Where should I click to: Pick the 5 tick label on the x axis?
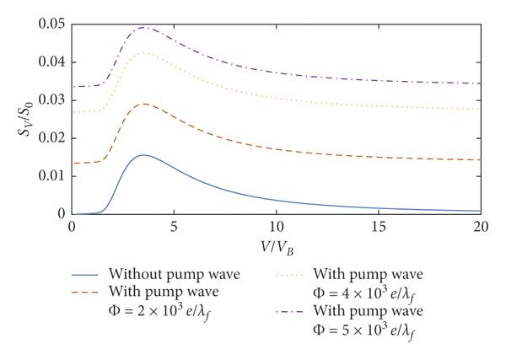[x=174, y=228]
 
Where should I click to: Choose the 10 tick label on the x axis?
[x=276, y=228]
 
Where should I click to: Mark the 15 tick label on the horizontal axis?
[x=378, y=228]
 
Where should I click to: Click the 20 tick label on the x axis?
[x=480, y=228]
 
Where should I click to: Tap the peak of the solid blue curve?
[x=143, y=155]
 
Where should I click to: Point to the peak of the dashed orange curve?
[x=144, y=104]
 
